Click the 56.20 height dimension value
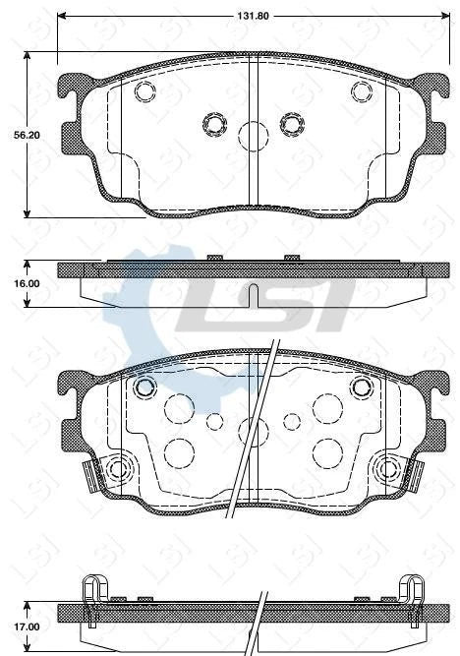tap(12, 137)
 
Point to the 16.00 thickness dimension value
tap(12, 283)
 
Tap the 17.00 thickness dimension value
tap(12, 626)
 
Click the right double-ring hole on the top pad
tap(292, 123)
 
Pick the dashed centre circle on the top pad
tap(254, 134)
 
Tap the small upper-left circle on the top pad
tap(145, 92)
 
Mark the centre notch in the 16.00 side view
tap(253, 295)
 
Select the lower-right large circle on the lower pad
tap(326, 451)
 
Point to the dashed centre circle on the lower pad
tap(254, 429)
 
